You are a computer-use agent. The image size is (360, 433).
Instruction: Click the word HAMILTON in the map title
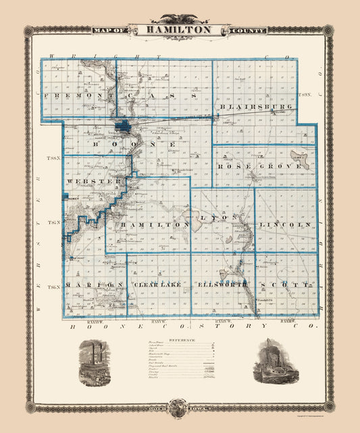pyautogui.click(x=179, y=30)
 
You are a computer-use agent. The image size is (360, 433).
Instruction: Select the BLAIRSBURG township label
pyautogui.click(x=255, y=107)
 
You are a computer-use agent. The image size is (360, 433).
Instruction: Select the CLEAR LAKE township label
pyautogui.click(x=158, y=285)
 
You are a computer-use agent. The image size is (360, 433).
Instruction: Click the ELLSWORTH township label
pyautogui.click(x=222, y=285)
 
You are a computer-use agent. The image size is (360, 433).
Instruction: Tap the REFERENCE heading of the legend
pyautogui.click(x=179, y=339)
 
